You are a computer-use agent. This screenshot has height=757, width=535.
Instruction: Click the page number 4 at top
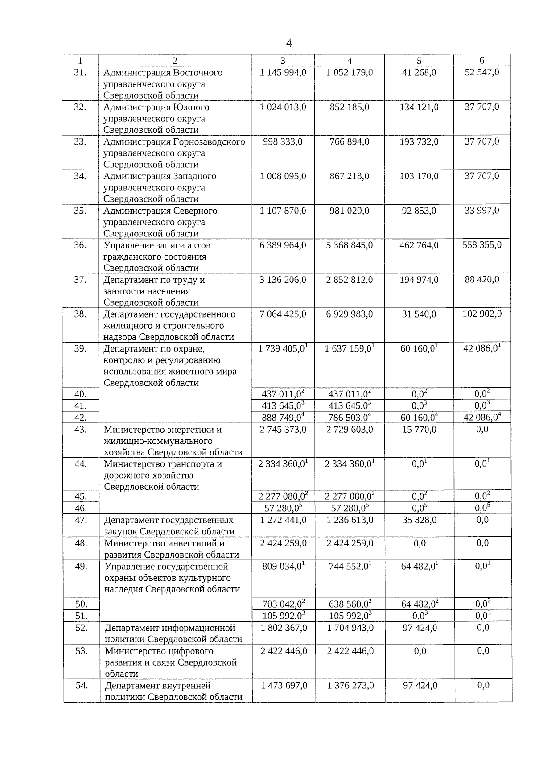click(x=289, y=43)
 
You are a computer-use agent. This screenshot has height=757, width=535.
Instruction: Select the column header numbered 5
click(x=419, y=61)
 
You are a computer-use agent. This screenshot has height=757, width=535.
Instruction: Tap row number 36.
click(x=80, y=245)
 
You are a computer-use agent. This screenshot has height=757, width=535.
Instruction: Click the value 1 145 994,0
click(x=283, y=73)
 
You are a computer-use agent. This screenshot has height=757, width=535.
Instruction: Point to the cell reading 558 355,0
click(x=481, y=245)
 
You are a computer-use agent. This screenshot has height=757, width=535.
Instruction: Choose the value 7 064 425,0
click(x=283, y=314)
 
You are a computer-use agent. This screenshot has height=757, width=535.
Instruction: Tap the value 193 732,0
click(x=419, y=142)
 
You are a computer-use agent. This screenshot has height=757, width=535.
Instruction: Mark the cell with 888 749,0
click(x=282, y=418)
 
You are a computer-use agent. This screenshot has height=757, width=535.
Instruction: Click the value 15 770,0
click(x=419, y=430)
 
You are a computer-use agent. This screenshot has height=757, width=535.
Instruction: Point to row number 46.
click(x=81, y=508)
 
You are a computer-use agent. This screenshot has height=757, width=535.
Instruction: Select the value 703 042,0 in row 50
click(x=283, y=604)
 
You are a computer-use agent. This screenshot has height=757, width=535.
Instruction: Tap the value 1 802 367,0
click(x=284, y=628)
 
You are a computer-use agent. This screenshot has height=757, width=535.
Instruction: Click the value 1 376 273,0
click(x=350, y=686)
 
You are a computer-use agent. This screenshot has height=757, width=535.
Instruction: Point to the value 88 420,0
click(x=481, y=280)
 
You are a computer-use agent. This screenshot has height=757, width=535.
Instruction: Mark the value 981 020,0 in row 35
click(x=350, y=211)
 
